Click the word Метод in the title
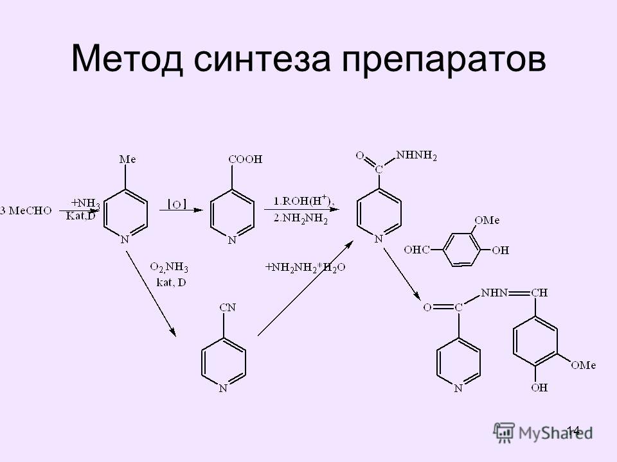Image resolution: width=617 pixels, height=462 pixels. [x=127, y=59]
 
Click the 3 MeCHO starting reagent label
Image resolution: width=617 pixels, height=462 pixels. [x=26, y=211]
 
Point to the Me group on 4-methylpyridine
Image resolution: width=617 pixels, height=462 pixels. [x=127, y=160]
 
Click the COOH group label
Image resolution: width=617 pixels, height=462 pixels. [x=245, y=160]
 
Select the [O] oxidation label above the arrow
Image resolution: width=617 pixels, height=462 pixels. [x=177, y=204]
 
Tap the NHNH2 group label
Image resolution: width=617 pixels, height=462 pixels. [x=416, y=155]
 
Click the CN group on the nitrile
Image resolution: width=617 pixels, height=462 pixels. [x=228, y=307]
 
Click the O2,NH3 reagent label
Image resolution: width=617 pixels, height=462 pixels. [x=169, y=268]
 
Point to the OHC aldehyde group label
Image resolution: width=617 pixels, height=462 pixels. [x=416, y=250]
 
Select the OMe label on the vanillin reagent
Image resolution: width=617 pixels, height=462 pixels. [x=487, y=220]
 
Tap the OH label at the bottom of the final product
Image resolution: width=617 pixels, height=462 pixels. [x=539, y=388]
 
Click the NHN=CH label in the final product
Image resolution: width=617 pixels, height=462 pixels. [x=514, y=293]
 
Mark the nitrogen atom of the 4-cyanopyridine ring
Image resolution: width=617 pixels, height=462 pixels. [x=223, y=389]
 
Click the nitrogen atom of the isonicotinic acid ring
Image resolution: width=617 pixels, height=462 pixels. [x=232, y=240]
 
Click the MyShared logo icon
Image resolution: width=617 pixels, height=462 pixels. [x=504, y=432]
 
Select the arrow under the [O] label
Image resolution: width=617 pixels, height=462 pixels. [x=181, y=210]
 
